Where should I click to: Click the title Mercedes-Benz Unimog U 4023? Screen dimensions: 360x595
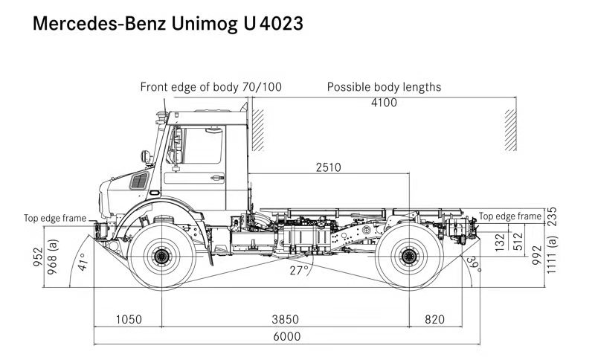(x=167, y=25)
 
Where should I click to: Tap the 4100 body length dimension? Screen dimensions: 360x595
(x=384, y=103)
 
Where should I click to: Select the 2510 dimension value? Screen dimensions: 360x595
(x=327, y=167)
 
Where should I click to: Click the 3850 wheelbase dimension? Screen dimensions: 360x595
(x=286, y=319)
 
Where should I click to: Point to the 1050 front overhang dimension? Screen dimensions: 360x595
(x=129, y=319)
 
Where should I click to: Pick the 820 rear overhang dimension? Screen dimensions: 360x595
(x=435, y=319)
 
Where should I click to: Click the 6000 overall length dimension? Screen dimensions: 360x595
(x=286, y=336)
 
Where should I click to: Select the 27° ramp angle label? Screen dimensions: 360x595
(x=299, y=270)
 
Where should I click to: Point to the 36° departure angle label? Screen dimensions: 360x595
(x=471, y=262)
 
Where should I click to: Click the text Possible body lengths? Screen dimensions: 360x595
(x=384, y=87)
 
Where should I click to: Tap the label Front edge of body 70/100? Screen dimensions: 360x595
(x=211, y=87)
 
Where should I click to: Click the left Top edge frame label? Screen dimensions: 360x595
(x=54, y=218)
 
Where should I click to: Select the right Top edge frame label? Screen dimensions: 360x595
(x=510, y=216)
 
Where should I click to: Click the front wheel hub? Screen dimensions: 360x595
(x=161, y=257)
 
